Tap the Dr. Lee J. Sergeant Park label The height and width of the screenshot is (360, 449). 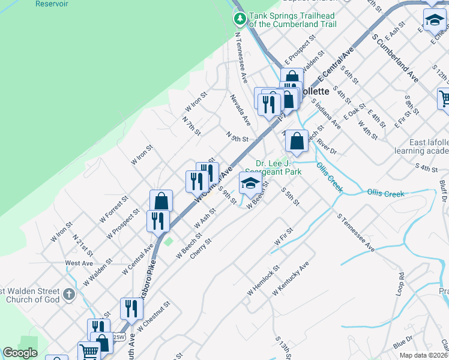(x=278, y=167)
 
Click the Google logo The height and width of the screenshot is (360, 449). (x=20, y=353)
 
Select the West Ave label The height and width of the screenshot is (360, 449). (x=79, y=263)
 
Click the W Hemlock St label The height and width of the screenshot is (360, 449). (x=264, y=280)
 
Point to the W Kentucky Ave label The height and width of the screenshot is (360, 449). (x=291, y=278)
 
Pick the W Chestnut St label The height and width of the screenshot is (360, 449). (x=154, y=317)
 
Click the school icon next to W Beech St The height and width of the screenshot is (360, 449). (x=250, y=184)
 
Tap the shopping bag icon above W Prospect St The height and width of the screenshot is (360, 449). (x=161, y=201)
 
